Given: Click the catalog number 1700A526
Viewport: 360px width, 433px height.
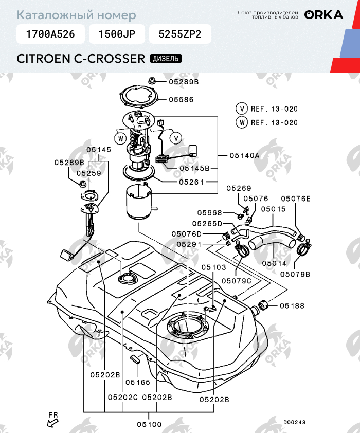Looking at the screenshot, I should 50,34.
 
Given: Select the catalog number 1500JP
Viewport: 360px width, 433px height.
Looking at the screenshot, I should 117,34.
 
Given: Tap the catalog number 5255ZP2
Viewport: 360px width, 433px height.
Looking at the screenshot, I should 180,34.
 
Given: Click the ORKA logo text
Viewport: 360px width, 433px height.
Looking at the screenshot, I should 323,15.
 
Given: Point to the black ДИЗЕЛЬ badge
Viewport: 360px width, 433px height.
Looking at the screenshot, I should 165,58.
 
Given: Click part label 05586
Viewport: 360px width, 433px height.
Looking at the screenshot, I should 181,100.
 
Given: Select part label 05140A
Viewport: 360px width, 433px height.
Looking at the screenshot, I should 244,155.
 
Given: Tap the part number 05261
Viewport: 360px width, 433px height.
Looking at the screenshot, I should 192,182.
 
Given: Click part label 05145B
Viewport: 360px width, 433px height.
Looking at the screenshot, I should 195,168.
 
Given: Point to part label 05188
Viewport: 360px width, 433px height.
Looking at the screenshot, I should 292,306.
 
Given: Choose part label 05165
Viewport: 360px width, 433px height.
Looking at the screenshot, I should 137,382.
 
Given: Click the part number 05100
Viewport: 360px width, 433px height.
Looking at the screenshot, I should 149,424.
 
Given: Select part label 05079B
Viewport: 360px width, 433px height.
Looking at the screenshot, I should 295,274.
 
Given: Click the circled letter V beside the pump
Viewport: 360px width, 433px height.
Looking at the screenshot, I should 176,138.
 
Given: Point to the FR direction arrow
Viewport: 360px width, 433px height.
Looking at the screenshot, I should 52,422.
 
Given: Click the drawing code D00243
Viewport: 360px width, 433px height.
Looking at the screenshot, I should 294,422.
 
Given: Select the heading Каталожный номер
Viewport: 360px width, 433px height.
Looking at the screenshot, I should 77,15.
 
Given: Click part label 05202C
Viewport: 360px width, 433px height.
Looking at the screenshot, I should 123,398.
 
